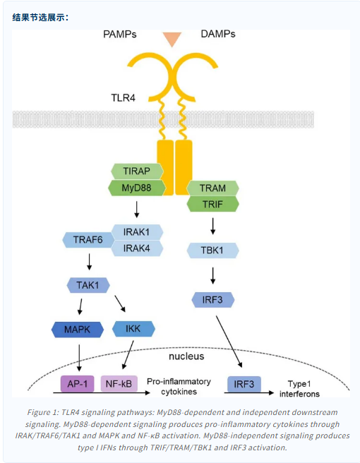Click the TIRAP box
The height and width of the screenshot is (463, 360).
point(137,171)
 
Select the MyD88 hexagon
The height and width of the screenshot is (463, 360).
point(137,188)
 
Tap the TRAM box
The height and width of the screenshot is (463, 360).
point(212,188)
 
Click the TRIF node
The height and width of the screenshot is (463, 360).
point(212,204)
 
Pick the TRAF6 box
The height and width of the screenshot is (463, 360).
point(88,239)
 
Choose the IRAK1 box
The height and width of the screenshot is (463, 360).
point(137,231)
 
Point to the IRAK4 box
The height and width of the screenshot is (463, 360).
point(137,248)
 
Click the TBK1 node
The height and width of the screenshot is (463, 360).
point(212,251)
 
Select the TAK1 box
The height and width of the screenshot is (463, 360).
point(88,285)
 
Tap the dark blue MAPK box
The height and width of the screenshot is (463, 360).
point(78,329)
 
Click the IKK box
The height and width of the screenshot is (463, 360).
point(133,329)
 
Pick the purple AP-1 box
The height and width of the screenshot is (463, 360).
point(78,384)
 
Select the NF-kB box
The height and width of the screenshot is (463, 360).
point(119,384)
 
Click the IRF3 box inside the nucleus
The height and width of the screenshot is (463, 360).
point(244,384)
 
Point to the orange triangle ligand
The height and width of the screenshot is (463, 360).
point(172,39)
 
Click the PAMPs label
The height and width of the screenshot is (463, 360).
point(119,35)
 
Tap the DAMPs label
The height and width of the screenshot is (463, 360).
point(218,34)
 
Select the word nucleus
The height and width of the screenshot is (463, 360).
point(186,356)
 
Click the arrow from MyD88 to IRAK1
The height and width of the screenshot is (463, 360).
point(136,210)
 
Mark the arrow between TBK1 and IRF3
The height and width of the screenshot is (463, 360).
point(212,275)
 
